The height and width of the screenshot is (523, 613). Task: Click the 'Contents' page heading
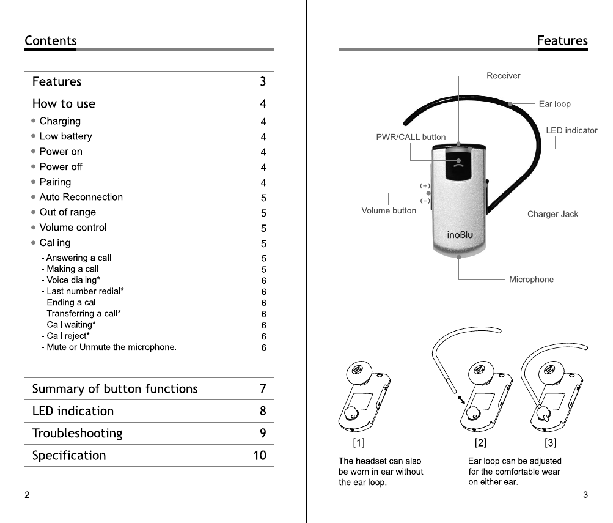pos(51,41)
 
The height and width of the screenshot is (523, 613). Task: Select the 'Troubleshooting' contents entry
pos(77,434)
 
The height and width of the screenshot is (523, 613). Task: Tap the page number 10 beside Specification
pos(260,456)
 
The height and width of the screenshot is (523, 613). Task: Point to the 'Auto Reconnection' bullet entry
pos(81,197)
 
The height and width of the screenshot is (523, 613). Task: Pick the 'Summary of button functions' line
pos(115,389)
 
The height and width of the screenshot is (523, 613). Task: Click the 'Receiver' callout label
pos(503,76)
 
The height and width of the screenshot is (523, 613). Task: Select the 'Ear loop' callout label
pos(554,104)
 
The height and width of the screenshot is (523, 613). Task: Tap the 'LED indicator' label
pos(571,130)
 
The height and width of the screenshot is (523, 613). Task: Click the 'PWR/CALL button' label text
pos(411,137)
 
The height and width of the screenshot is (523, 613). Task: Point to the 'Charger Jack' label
pos(552,214)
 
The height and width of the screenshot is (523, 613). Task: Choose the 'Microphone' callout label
pos(531,280)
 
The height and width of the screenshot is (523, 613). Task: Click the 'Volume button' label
pos(389,210)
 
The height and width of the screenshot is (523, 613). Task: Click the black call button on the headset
pos(458,165)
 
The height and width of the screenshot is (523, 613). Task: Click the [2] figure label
pos(480,442)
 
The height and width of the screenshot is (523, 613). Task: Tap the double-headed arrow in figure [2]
pos(461,400)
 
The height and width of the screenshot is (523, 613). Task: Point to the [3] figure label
pos(550,442)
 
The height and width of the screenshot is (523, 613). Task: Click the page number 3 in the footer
pos(585,495)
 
